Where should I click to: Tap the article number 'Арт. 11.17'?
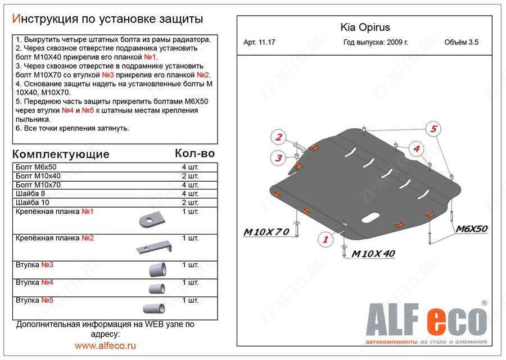260,43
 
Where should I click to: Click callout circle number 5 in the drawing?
433,129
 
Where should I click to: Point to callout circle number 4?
416,148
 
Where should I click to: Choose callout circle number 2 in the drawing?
278,137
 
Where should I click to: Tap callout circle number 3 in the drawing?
278,158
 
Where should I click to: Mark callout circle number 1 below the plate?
324,240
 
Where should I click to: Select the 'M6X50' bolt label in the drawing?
471,228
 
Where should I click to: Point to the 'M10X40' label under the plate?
373,253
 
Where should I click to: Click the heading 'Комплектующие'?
61,154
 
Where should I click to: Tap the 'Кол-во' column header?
195,153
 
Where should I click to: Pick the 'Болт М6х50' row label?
37,168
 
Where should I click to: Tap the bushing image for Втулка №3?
157,268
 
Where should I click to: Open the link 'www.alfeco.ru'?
105,345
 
